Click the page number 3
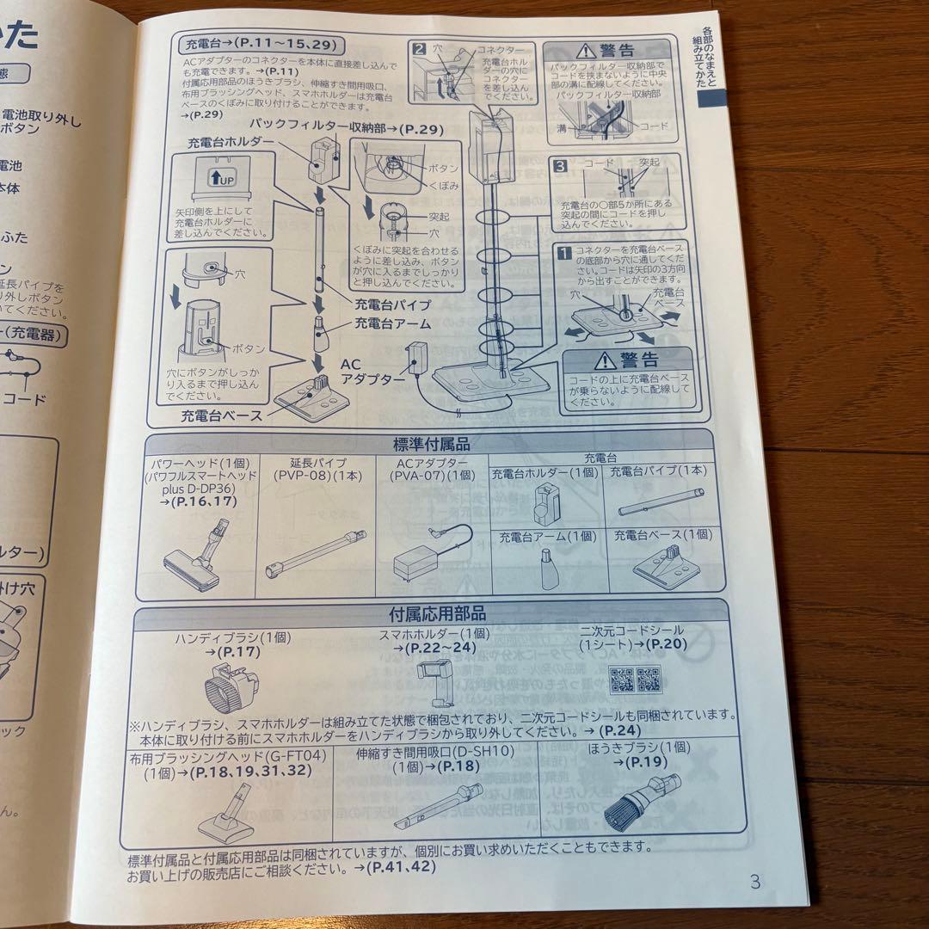(x=755, y=881)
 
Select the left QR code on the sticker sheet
(x=621, y=680)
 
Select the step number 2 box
(x=421, y=48)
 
